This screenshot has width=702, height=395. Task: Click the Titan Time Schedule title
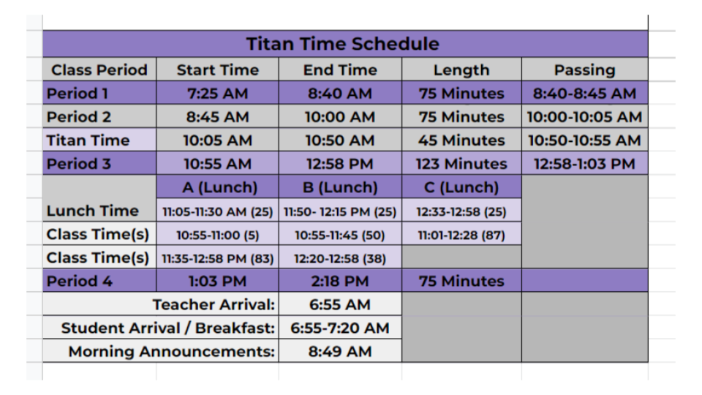click(x=342, y=44)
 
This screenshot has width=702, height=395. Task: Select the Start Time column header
click(x=218, y=70)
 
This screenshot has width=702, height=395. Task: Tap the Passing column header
click(x=585, y=70)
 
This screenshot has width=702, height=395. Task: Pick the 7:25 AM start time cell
click(x=218, y=93)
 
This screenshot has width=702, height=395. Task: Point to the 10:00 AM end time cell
click(x=340, y=117)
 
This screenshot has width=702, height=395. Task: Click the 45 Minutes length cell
click(x=461, y=140)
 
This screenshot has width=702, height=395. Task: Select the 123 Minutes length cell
click(x=461, y=164)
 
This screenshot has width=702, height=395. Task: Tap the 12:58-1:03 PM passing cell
click(x=584, y=164)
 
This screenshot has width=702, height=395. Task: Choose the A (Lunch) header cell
click(x=219, y=187)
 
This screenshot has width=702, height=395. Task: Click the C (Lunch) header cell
click(x=461, y=187)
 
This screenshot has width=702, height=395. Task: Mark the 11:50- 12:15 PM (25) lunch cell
click(x=340, y=211)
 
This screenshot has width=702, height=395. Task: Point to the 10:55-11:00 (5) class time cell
click(x=218, y=235)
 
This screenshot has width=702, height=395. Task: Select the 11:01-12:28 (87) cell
click(x=461, y=235)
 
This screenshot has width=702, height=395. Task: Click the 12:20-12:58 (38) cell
click(x=340, y=258)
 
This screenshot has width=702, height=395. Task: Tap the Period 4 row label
click(x=79, y=281)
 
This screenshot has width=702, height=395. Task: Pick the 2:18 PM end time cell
click(x=340, y=281)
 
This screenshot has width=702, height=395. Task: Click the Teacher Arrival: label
click(x=214, y=304)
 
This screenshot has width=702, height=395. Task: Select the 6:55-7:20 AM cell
click(x=340, y=328)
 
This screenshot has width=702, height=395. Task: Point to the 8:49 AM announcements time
click(x=340, y=352)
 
